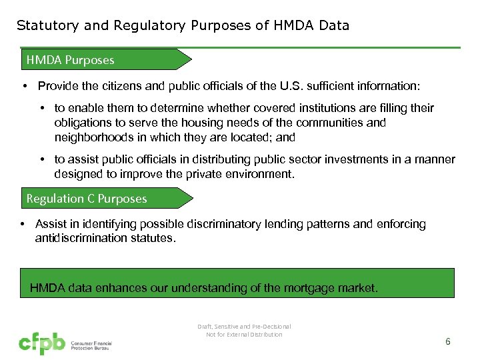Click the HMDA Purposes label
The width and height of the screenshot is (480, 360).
[x=70, y=60]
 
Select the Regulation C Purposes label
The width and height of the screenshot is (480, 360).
[x=87, y=199]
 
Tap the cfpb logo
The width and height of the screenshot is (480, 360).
[x=41, y=343]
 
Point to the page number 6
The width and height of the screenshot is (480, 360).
[x=447, y=341]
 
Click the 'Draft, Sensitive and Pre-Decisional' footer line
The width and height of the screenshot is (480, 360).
[x=244, y=326]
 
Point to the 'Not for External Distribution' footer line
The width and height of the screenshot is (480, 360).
[x=244, y=335]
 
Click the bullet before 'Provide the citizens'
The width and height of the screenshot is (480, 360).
[x=23, y=87]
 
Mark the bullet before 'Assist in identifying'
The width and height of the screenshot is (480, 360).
[x=23, y=225]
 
